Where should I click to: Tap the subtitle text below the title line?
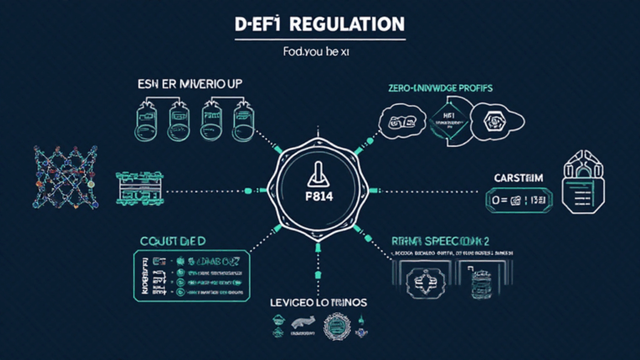[x=320, y=52]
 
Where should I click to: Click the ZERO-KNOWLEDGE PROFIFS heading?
[x=439, y=87]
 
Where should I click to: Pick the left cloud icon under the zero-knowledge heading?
[x=402, y=122]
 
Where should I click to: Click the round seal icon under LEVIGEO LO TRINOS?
[x=339, y=327]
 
